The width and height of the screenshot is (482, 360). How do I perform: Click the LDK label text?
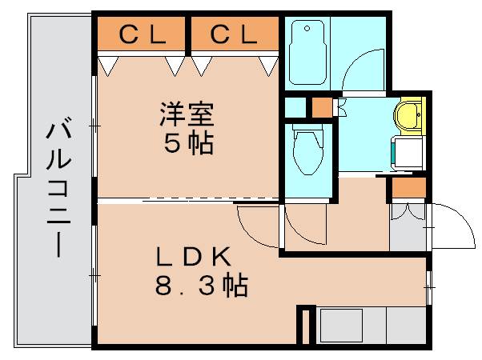pyautogui.click(x=192, y=258)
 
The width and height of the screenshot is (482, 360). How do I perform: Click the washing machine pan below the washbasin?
pyautogui.click(x=409, y=153)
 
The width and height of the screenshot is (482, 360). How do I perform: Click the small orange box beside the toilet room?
pyautogui.click(x=322, y=106)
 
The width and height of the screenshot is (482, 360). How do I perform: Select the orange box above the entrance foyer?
pyautogui.click(x=408, y=188)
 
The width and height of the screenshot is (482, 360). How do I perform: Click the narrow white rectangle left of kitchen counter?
pyautogui.click(x=303, y=326)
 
